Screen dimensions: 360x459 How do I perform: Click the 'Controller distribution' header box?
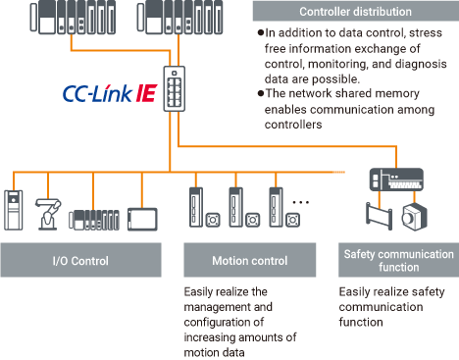coord(354,11)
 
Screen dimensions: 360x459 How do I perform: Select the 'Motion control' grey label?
coord(250,262)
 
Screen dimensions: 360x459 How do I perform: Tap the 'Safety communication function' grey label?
coord(396,262)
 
